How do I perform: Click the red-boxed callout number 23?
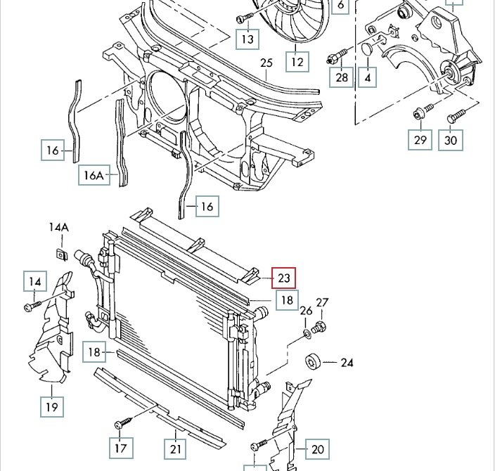283,278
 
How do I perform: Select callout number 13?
247,39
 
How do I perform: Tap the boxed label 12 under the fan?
297,62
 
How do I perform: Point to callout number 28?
342,77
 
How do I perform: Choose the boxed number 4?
368,77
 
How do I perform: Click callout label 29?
420,140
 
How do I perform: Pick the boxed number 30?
451,140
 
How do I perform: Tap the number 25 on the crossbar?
266,63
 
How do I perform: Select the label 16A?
94,174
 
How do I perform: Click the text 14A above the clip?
59,227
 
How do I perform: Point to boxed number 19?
53,406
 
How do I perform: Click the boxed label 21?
175,447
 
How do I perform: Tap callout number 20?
318,449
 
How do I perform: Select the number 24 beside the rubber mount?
347,363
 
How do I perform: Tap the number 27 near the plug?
322,303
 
